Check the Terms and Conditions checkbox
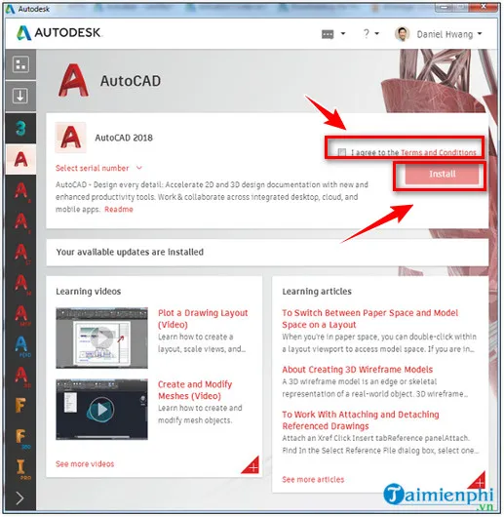(x=341, y=152)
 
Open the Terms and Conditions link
(x=439, y=152)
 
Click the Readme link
(x=119, y=209)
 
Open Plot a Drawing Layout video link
(x=202, y=319)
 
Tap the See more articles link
(x=313, y=479)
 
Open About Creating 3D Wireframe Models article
(x=357, y=370)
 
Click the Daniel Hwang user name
(x=444, y=34)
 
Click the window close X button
(x=488, y=8)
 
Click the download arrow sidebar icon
(x=20, y=96)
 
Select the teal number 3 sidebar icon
(x=20, y=127)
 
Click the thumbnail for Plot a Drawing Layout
(x=101, y=335)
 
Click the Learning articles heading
(x=317, y=291)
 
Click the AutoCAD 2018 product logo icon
(x=70, y=138)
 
